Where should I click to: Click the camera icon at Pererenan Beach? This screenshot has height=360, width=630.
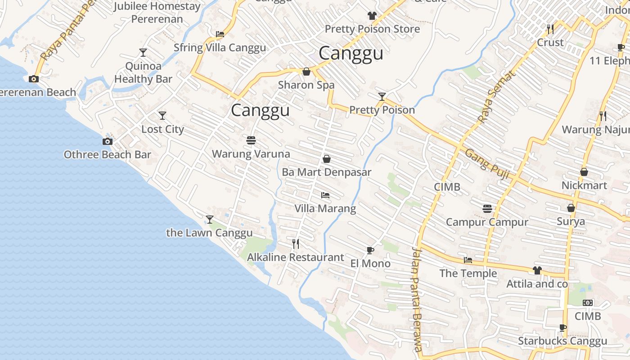pos(34,79)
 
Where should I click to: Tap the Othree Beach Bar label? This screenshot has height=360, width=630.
pos(107,155)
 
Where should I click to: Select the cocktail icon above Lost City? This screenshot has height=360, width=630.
pos(162,116)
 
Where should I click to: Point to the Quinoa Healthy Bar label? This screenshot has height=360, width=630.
pos(143,73)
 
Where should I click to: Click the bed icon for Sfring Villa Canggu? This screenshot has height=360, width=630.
pos(220,34)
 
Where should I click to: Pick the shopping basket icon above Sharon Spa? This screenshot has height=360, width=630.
pos(306,72)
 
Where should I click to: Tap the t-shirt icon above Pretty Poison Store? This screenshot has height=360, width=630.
pos(372,16)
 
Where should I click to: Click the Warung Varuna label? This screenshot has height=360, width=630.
pos(251,154)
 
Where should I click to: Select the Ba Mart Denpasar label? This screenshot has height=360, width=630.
pos(326,172)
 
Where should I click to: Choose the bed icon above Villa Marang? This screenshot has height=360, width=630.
pos(325,195)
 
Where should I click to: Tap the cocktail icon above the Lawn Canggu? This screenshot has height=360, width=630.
pos(209,220)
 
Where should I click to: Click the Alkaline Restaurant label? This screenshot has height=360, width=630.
pos(295,257)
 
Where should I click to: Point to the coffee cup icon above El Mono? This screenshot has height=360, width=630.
pos(370,250)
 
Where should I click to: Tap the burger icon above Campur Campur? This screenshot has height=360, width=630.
pos(487,209)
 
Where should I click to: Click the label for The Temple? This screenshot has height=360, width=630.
pos(468,274)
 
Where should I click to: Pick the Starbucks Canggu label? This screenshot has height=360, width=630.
pos(562,341)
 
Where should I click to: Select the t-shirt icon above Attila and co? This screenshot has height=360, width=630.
pos(537,270)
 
